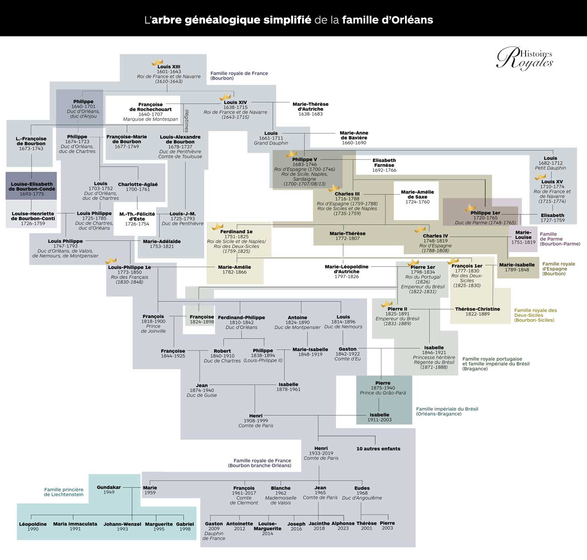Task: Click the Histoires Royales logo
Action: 525,58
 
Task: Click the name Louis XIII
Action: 168,67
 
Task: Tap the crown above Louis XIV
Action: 225,97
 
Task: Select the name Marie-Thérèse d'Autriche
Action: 310,107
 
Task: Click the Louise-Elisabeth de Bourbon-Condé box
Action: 32,186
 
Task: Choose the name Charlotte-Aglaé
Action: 138,184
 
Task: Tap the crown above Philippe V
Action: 291,154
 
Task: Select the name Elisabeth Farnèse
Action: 384,163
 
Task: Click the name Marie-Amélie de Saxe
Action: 417,194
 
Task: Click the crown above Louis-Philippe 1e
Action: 111,261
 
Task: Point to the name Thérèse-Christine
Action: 477,309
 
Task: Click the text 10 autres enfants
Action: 378,449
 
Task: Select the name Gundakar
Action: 109,487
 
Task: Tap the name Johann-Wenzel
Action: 122,524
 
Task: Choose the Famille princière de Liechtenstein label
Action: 64,492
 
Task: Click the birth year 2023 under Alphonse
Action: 343,528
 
